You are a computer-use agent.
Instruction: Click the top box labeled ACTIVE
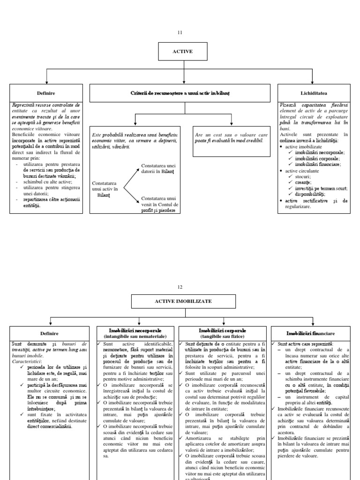click(x=182, y=52)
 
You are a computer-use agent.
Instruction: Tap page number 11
click(x=180, y=32)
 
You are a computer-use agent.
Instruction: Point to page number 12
click(x=180, y=287)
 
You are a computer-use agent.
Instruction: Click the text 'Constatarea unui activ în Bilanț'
click(x=107, y=188)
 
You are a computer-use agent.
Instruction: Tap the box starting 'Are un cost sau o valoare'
click(x=231, y=137)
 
